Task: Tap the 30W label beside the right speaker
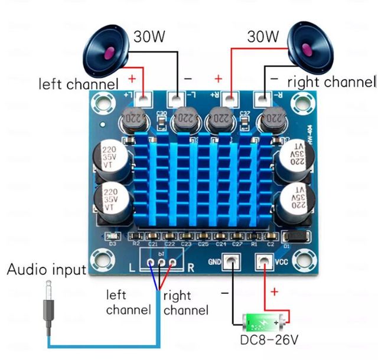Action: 263,37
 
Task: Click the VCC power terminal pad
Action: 263,261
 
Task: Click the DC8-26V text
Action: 269,341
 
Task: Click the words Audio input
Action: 46,270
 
